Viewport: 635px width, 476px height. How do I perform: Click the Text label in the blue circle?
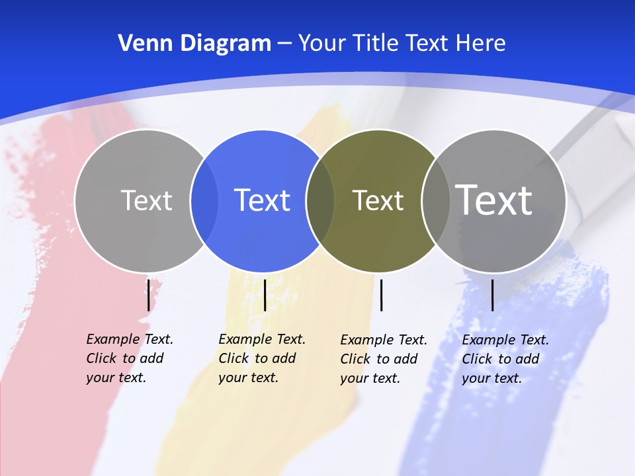(263, 200)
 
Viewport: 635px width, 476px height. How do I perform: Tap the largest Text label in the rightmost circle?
(494, 200)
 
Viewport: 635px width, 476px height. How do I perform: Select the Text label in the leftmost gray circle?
(146, 200)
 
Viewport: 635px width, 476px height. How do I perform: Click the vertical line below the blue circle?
(265, 295)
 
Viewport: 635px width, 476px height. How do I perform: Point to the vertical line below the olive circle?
(381, 295)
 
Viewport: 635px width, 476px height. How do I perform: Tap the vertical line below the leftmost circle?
(148, 295)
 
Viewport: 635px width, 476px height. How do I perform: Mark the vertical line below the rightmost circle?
(492, 295)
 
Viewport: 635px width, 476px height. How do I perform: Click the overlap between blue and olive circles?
(320, 201)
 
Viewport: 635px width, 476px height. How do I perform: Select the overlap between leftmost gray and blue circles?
(204, 201)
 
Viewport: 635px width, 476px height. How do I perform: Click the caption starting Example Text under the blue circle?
(261, 358)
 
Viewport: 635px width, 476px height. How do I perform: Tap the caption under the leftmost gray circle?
(129, 358)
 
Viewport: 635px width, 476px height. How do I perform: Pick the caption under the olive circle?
(383, 359)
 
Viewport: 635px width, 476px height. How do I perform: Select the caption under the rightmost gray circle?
(505, 359)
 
